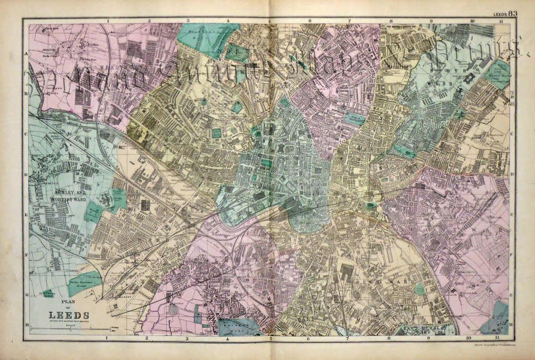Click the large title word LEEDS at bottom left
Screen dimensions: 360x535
coord(68,315)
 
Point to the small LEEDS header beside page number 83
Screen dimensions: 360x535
coord(498,14)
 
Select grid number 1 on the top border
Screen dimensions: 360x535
coord(108,21)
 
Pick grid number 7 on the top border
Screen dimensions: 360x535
coord(349,21)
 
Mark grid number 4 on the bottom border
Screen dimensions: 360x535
coord(228,339)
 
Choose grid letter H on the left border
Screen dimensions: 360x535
coord(25,322)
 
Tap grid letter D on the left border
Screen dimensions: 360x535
coord(25,175)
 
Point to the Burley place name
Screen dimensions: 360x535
coord(94,45)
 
